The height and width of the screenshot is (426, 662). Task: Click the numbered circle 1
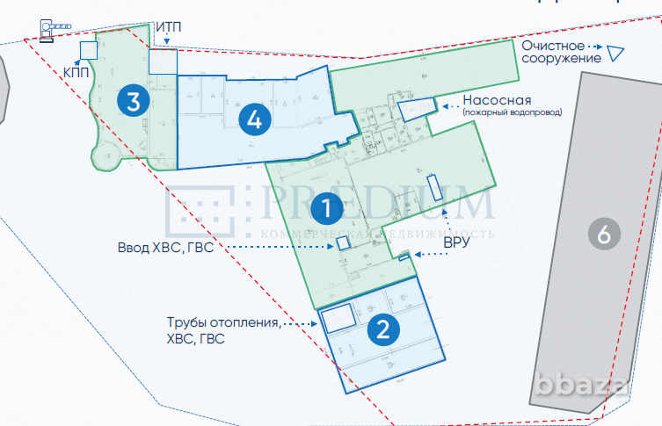point(325,209)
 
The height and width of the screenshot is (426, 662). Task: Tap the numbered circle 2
point(382,329)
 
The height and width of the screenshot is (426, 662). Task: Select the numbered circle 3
point(133,100)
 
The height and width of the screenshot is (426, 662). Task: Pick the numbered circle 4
point(254,119)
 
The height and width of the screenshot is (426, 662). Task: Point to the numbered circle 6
point(603,234)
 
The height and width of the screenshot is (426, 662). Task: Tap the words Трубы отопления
point(223,323)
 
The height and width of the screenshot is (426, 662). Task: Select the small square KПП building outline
point(87,50)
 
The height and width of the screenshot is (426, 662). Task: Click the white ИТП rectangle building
point(163,61)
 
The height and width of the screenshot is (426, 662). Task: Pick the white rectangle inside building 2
point(337,318)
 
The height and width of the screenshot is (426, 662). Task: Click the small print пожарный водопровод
point(512,112)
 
